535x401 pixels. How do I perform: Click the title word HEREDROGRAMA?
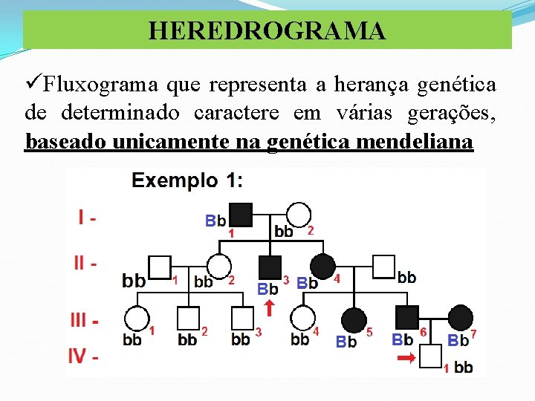tap(267, 30)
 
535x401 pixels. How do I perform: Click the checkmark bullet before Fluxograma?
tap(33, 85)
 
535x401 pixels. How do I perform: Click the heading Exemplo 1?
tap(187, 180)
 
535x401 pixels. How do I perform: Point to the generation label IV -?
tap(84, 356)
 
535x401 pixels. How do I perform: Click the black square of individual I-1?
tap(241, 214)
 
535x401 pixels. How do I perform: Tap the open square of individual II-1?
tap(160, 267)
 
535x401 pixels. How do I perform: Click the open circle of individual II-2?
tap(219, 267)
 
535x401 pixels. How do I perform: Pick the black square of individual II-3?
tap(270, 267)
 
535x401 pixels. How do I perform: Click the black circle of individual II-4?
tap(322, 267)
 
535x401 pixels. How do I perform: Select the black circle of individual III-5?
tap(352, 319)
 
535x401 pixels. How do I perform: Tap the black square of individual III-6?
tap(406, 318)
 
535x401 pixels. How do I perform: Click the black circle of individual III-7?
tap(461, 318)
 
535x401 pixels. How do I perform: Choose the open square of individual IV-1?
tap(431, 356)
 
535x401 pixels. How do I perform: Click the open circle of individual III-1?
tap(135, 319)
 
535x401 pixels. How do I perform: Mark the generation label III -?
tap(85, 321)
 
